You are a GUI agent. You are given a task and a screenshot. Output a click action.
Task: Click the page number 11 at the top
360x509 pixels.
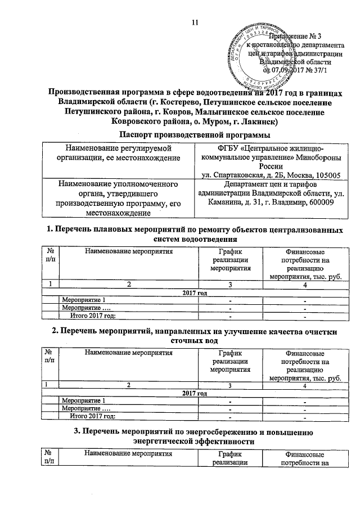(x=195, y=22)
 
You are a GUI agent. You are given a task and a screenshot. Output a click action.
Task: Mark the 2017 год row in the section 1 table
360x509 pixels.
(x=195, y=292)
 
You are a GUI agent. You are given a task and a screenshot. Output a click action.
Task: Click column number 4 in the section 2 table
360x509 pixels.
(x=304, y=386)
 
